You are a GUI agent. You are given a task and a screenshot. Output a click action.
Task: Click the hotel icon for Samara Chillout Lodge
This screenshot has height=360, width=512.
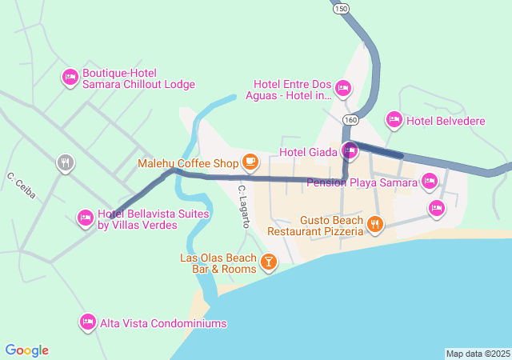pyautogui.click(x=70, y=77)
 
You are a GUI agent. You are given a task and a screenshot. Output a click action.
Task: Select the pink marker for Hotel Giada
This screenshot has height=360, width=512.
pyautogui.click(x=350, y=150)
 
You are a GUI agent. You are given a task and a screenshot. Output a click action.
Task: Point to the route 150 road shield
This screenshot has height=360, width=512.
pyautogui.click(x=342, y=8)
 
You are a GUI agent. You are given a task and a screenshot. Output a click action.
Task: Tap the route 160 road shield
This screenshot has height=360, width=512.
pyautogui.click(x=350, y=119)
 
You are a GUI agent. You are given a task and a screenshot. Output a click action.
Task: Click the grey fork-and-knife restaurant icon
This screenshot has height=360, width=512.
pyautogui.click(x=66, y=163)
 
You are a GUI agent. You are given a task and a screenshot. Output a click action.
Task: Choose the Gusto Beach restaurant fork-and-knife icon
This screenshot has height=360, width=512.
pyautogui.click(x=374, y=225)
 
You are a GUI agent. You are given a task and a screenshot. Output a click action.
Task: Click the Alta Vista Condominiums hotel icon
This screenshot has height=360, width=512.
pyautogui.click(x=88, y=322)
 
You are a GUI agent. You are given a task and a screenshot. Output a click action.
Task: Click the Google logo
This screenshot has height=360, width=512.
pyautogui.click(x=27, y=350)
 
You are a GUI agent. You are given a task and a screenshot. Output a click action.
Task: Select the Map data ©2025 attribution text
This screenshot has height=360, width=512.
pyautogui.click(x=478, y=354)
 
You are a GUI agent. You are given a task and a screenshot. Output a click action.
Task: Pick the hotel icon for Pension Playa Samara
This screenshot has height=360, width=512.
pyautogui.click(x=430, y=181)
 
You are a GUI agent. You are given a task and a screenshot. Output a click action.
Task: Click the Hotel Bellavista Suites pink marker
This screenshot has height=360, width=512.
pyautogui.click(x=85, y=217)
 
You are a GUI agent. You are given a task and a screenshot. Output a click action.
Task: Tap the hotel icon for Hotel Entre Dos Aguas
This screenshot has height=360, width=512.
pyautogui.click(x=342, y=88)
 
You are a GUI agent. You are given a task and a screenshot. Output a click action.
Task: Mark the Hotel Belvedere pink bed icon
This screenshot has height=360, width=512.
pyautogui.click(x=394, y=120)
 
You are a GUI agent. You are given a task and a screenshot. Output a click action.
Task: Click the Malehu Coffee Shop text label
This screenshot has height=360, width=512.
pyautogui.click(x=188, y=163)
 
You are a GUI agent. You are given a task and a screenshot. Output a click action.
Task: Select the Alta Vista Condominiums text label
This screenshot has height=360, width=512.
pyautogui.click(x=163, y=323)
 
